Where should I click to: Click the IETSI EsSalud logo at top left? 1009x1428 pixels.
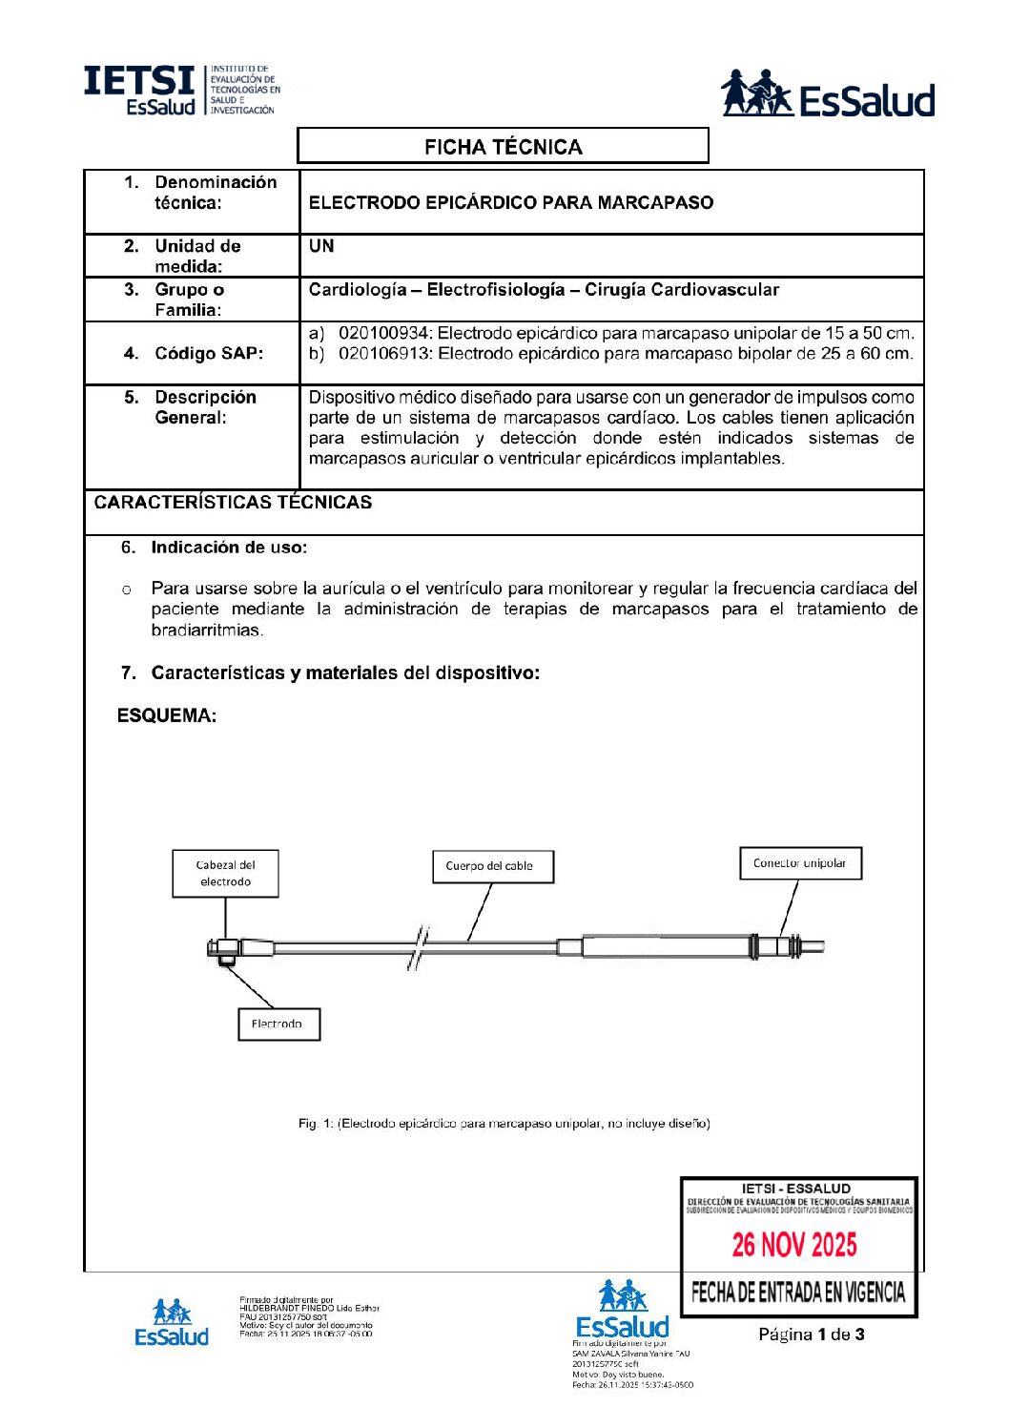tap(181, 91)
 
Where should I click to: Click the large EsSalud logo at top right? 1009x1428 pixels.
tap(827, 93)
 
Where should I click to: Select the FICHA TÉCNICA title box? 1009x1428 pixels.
tap(503, 146)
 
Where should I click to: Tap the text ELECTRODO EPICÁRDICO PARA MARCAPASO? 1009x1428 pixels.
tap(511, 202)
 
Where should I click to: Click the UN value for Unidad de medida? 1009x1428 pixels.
tap(321, 246)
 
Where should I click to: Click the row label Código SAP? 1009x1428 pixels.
tap(208, 353)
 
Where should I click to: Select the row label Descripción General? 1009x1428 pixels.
tap(204, 407)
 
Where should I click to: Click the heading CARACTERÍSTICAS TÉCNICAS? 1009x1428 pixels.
tap(233, 503)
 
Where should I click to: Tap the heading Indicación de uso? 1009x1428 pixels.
tap(228, 548)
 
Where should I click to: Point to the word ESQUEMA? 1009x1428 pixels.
tap(166, 715)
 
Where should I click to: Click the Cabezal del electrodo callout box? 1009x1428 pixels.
tap(225, 874)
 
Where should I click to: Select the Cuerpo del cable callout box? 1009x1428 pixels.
tap(492, 866)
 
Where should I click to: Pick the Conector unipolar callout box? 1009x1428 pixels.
tap(800, 863)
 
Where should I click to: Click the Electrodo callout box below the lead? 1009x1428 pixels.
tap(278, 1024)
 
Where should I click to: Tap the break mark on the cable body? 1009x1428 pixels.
tap(418, 948)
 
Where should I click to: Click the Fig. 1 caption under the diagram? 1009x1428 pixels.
tap(504, 1124)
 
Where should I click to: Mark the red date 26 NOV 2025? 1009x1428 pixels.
tap(794, 1245)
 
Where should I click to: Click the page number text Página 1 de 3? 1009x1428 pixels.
tap(812, 1335)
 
